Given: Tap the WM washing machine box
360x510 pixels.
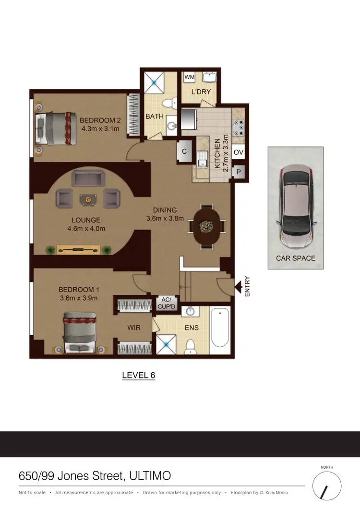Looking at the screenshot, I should click(x=189, y=77).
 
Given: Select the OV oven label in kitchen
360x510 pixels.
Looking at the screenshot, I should click(x=239, y=152).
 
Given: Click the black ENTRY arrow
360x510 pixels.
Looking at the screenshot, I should click(x=238, y=287).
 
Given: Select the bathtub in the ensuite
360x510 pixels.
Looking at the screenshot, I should click(x=220, y=328).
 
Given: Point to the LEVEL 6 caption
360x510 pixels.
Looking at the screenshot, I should click(x=139, y=376).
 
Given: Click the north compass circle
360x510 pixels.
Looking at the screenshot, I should click(x=326, y=486).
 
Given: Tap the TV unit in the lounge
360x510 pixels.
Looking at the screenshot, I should click(x=79, y=249).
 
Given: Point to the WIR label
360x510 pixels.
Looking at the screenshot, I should click(x=134, y=328).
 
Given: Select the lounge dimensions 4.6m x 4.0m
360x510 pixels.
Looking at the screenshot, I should click(x=86, y=229).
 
